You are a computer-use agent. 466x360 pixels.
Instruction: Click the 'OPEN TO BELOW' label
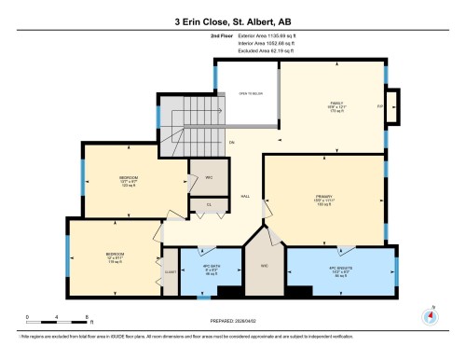250,94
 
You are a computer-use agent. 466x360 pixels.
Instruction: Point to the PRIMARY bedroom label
323,198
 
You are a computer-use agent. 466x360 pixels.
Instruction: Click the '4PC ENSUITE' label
337,272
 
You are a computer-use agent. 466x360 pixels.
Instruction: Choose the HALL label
245,197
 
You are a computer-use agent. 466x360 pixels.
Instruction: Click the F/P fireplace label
379,106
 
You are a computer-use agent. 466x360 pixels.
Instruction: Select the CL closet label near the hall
210,204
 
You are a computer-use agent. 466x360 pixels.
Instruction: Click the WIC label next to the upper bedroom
209,175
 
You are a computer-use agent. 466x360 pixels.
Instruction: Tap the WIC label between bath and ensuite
265,267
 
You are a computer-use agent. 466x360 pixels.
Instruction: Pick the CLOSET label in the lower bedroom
171,271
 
